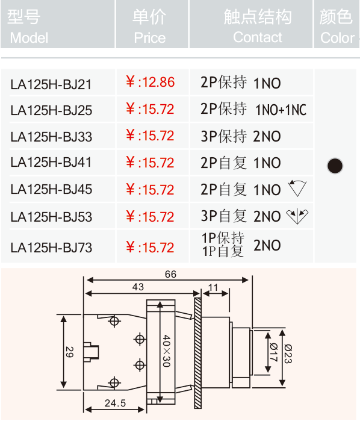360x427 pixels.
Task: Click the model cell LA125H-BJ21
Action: [x=51, y=84]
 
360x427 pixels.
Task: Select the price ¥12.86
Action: [x=150, y=82]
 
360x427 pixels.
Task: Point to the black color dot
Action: [x=335, y=166]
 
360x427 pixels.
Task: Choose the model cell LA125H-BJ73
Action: [x=51, y=248]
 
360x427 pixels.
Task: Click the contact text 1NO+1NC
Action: [x=281, y=110]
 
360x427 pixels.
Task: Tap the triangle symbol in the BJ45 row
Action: [x=297, y=188]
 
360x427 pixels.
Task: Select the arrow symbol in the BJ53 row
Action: [x=297, y=216]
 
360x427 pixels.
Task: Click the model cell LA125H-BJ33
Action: [x=51, y=137]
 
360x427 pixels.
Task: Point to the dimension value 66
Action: [x=170, y=274]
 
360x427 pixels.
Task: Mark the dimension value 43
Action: [x=138, y=287]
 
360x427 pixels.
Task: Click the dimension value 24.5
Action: [x=115, y=403]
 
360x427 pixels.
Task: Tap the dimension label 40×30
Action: [x=167, y=351]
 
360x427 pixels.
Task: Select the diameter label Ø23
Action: [x=288, y=354]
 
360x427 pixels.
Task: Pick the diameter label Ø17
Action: [x=273, y=352]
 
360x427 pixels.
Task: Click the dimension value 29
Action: [x=70, y=352]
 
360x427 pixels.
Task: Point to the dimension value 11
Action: [x=213, y=287]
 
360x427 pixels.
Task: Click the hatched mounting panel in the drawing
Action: [x=198, y=353]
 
